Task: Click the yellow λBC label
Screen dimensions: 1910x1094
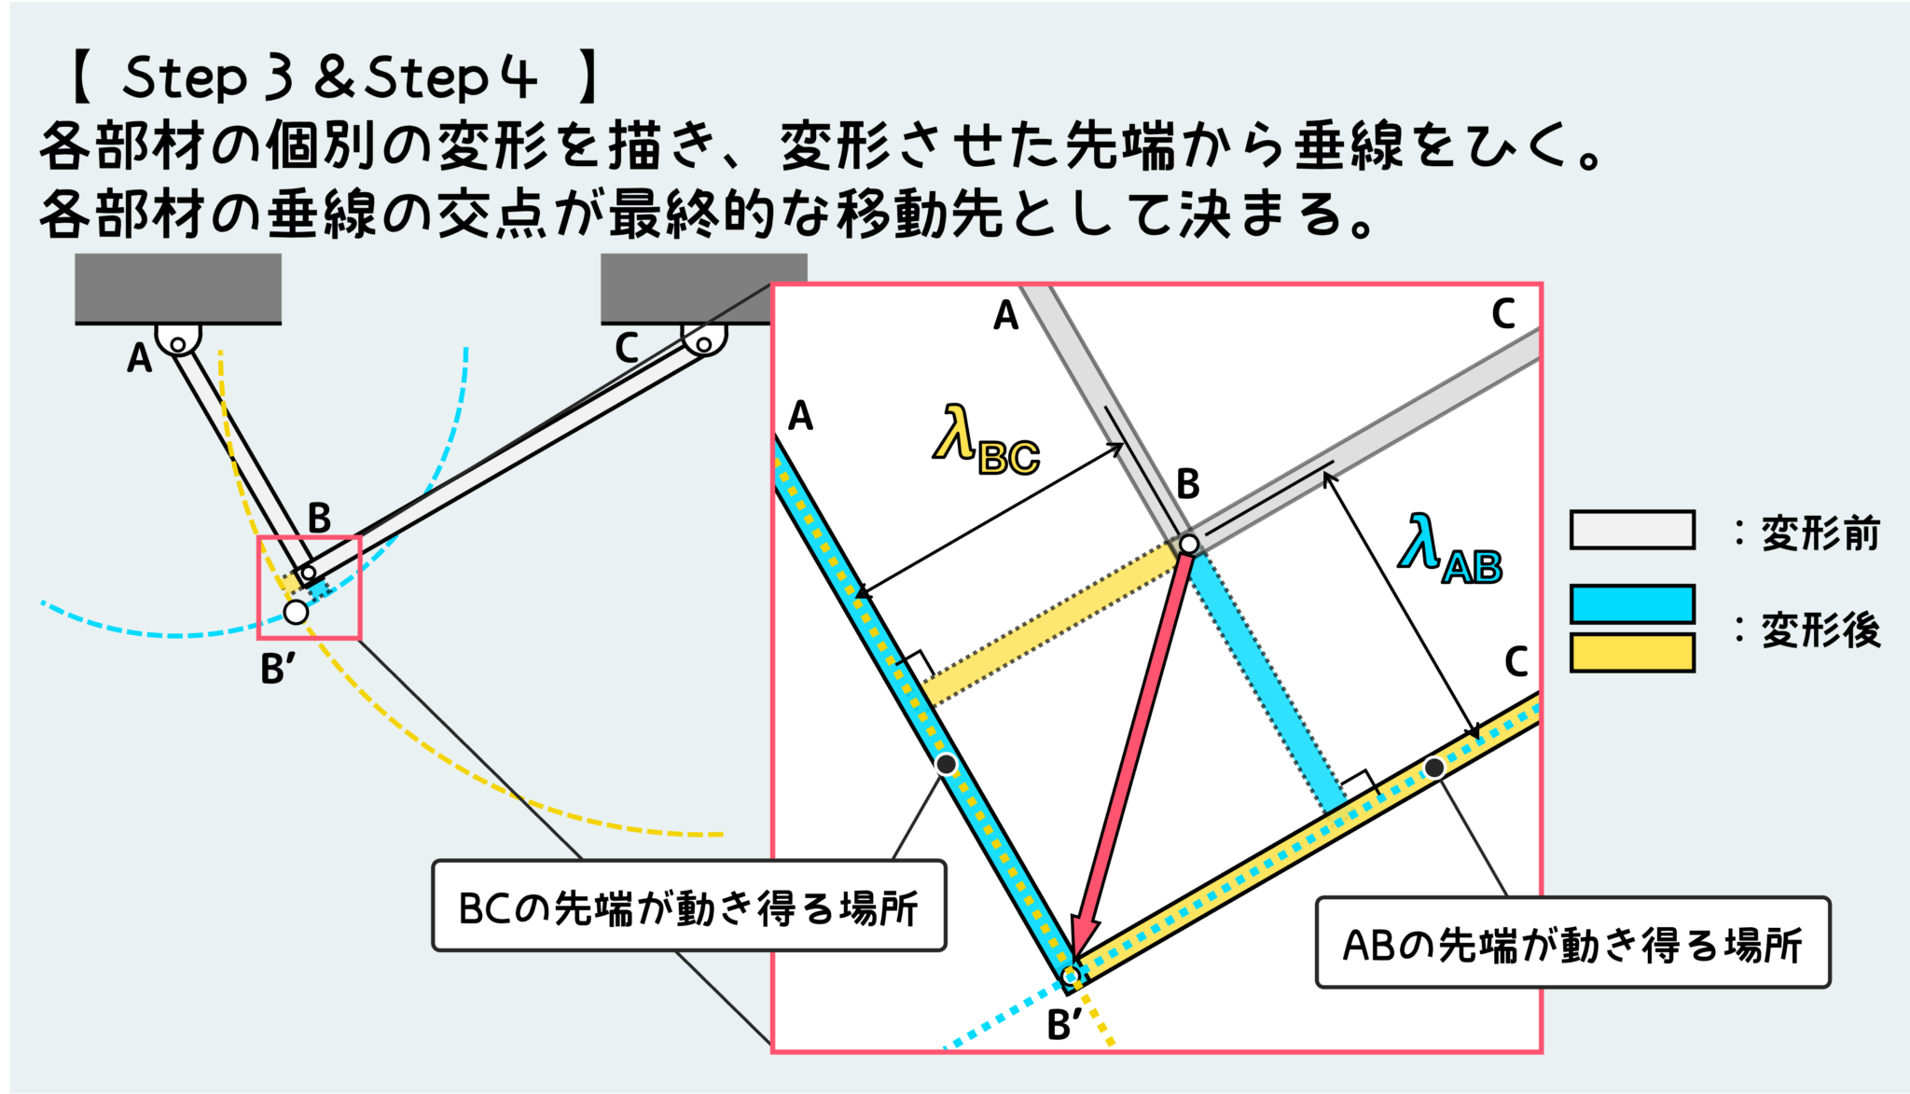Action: [986, 440]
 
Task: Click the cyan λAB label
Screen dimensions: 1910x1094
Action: [1449, 549]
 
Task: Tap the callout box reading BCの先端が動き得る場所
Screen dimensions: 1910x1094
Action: [689, 906]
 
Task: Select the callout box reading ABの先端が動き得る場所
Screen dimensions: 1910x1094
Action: [1572, 943]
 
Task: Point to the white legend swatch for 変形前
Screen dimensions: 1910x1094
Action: [1632, 530]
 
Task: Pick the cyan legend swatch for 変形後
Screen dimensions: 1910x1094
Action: [1632, 603]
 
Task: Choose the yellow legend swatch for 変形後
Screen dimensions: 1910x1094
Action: [1632, 653]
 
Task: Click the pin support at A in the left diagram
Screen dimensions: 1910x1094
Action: [177, 339]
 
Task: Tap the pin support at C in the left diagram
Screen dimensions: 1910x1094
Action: [704, 340]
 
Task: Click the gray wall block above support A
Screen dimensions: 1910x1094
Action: [178, 288]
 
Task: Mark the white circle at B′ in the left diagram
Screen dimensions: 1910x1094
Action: [296, 612]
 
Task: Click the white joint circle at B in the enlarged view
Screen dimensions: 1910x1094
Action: [1188, 544]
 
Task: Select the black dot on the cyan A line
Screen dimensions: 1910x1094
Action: [946, 765]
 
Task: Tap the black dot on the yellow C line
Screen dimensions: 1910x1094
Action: [1434, 768]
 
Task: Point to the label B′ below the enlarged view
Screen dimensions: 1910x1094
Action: [1064, 1025]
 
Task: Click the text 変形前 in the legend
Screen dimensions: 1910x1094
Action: [1820, 533]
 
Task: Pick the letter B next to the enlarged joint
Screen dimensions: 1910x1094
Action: [1187, 484]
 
